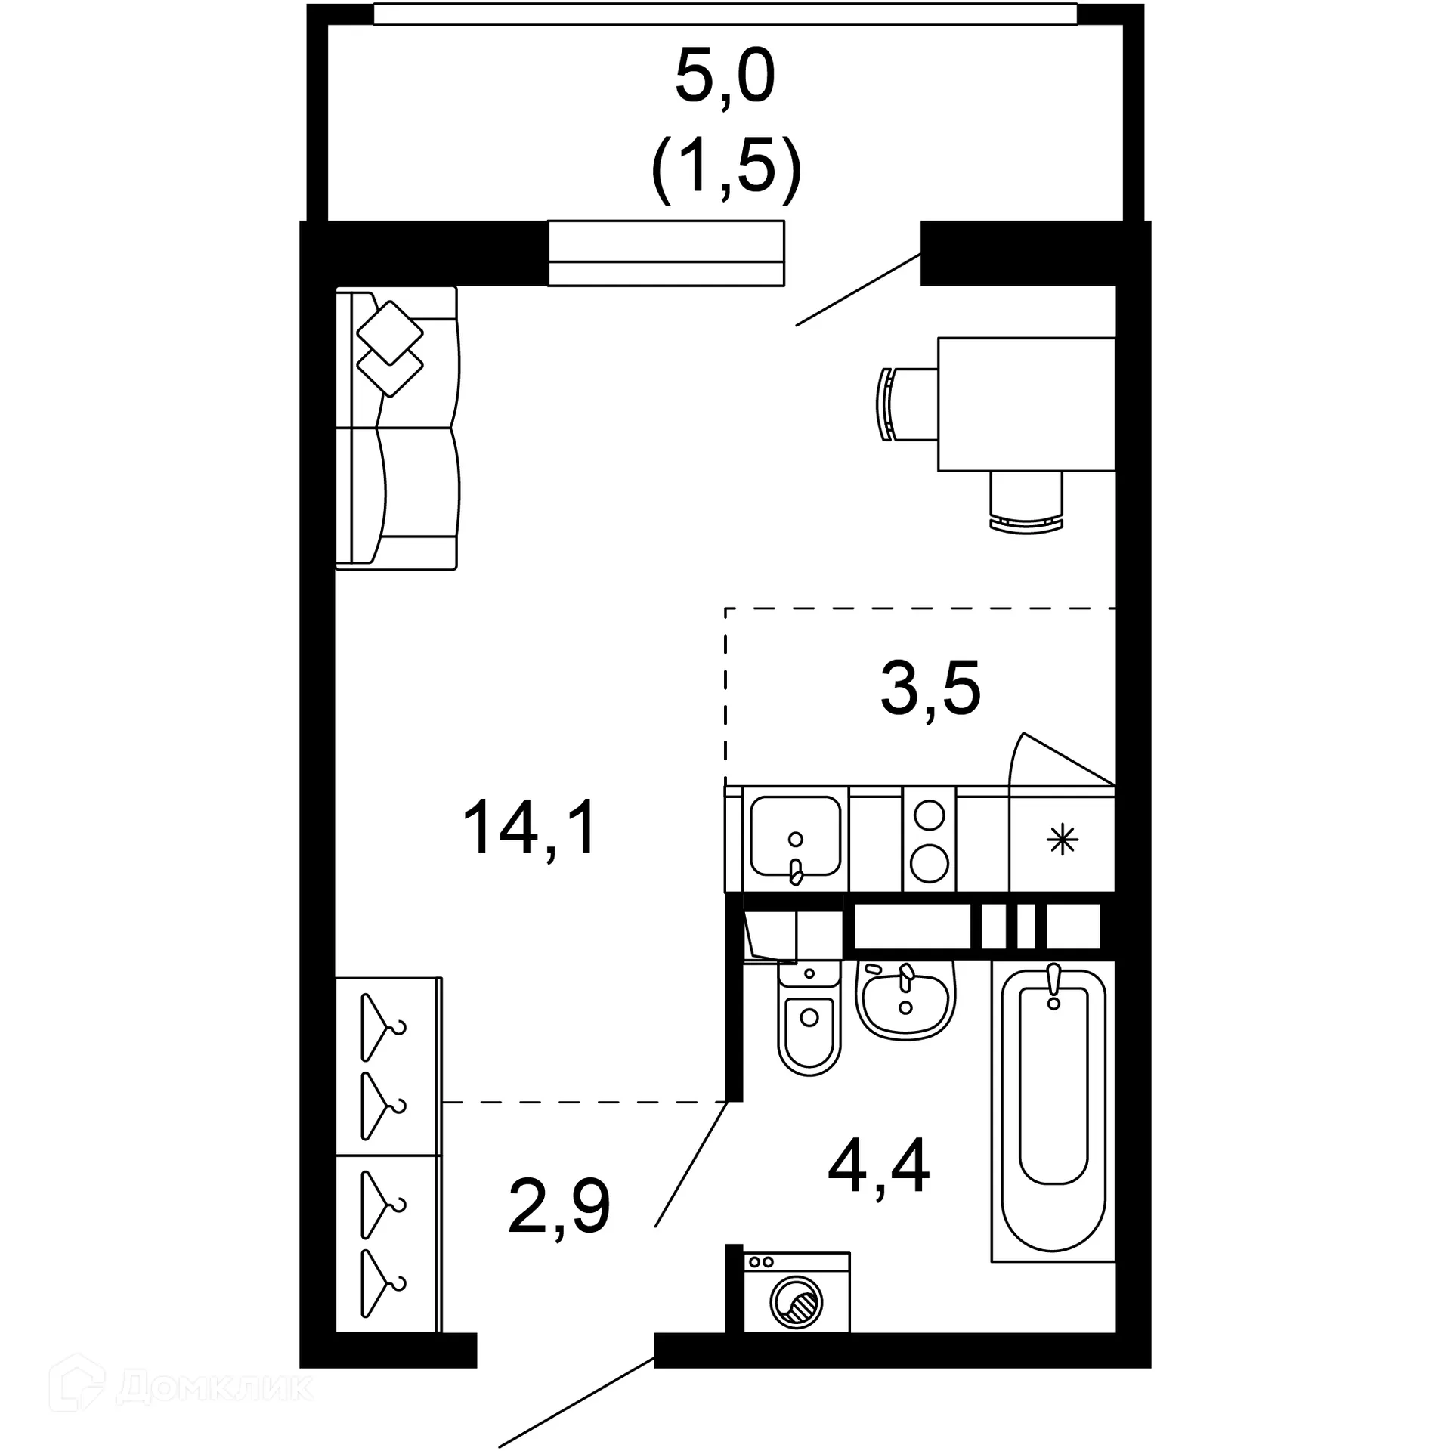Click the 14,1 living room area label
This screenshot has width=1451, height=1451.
(531, 829)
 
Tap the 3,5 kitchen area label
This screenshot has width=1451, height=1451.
(930, 688)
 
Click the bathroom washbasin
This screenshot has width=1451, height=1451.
(905, 1001)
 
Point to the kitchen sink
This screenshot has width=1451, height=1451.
(795, 836)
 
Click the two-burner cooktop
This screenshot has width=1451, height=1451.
(929, 839)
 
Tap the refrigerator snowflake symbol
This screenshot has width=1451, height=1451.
(1062, 840)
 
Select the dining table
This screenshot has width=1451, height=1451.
(1026, 404)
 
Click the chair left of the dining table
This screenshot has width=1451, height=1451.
(907, 404)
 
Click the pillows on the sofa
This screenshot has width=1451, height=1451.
(390, 348)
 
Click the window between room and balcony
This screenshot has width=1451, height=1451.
(666, 253)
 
